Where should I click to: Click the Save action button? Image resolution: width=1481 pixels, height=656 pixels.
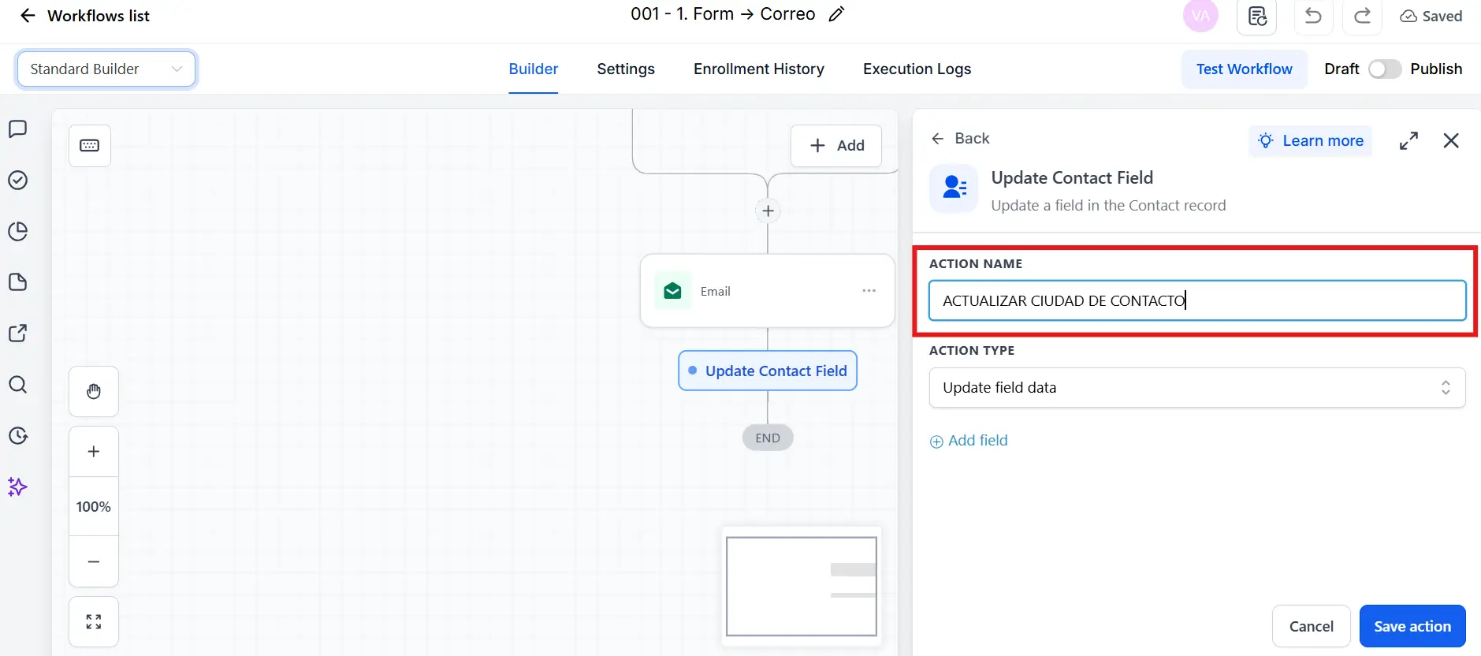tap(1412, 626)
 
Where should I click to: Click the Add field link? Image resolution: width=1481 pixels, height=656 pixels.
tap(969, 441)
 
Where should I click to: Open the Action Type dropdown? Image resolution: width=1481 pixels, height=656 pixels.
tap(1197, 387)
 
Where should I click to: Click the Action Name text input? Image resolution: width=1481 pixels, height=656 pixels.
tap(1197, 300)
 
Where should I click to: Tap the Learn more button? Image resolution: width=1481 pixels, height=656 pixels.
tap(1311, 140)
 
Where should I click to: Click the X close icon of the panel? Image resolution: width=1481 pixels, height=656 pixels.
tap(1451, 140)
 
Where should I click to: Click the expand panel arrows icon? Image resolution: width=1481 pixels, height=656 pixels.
tap(1408, 140)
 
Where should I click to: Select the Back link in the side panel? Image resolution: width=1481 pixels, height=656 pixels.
tap(960, 139)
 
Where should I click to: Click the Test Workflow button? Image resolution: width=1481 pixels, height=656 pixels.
tap(1244, 69)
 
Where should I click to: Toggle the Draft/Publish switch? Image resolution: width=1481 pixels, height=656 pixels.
tap(1385, 69)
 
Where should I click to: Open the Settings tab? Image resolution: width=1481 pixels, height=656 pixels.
tap(626, 69)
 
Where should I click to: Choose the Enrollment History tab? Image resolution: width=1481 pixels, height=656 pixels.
tap(759, 69)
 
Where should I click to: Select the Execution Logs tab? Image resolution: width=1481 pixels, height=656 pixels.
tap(917, 69)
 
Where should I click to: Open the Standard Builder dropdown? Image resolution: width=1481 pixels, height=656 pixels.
tap(106, 69)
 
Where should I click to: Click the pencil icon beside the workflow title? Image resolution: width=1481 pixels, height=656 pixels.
tap(837, 14)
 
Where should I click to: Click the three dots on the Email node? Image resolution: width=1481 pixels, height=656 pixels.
tap(869, 291)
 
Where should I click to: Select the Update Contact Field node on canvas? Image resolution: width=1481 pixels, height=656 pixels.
tap(768, 371)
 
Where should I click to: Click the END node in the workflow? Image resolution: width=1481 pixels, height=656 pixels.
tap(768, 438)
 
